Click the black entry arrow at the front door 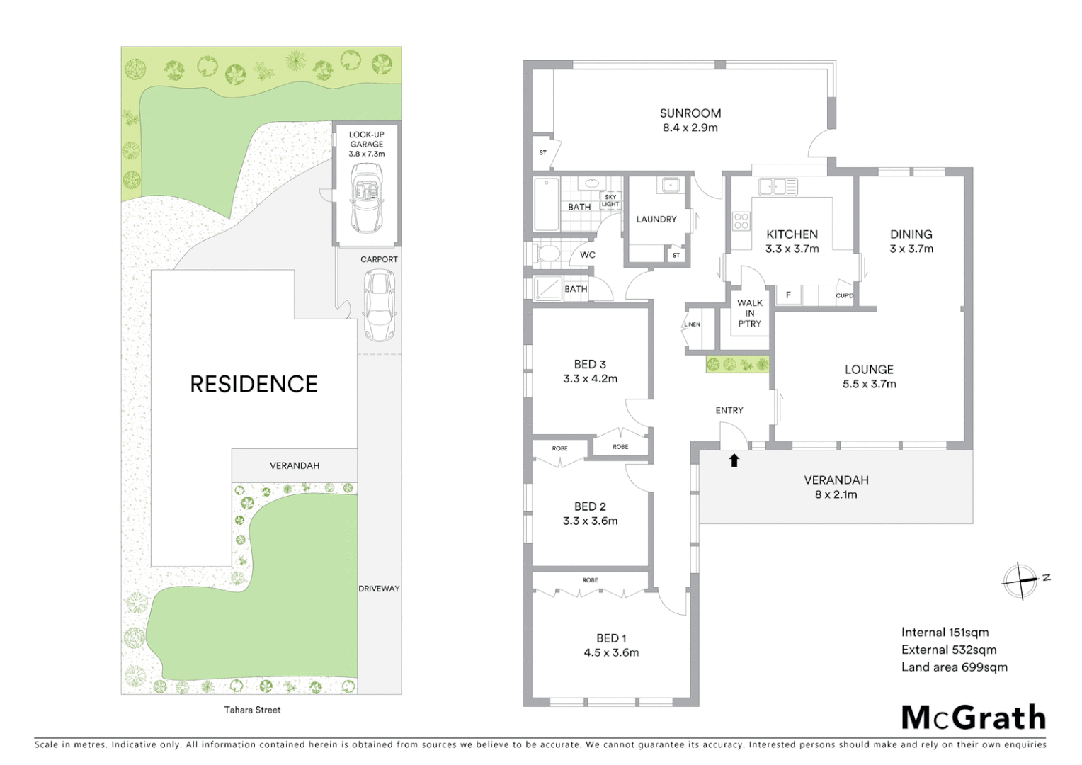[734, 460]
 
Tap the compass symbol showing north [1021, 581]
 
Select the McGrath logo [973, 718]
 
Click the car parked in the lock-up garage [367, 198]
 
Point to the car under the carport [379, 305]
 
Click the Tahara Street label [252, 710]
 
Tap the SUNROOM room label [690, 113]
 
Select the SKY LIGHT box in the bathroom [610, 200]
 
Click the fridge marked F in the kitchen [788, 295]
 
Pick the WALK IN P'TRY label [749, 313]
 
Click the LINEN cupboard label [692, 324]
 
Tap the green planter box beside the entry [737, 365]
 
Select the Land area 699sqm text [954, 667]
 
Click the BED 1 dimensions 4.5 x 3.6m [611, 653]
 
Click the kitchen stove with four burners [741, 221]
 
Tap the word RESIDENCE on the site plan [254, 384]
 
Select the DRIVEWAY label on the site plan [379, 589]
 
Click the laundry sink [670, 186]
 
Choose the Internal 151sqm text [945, 633]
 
